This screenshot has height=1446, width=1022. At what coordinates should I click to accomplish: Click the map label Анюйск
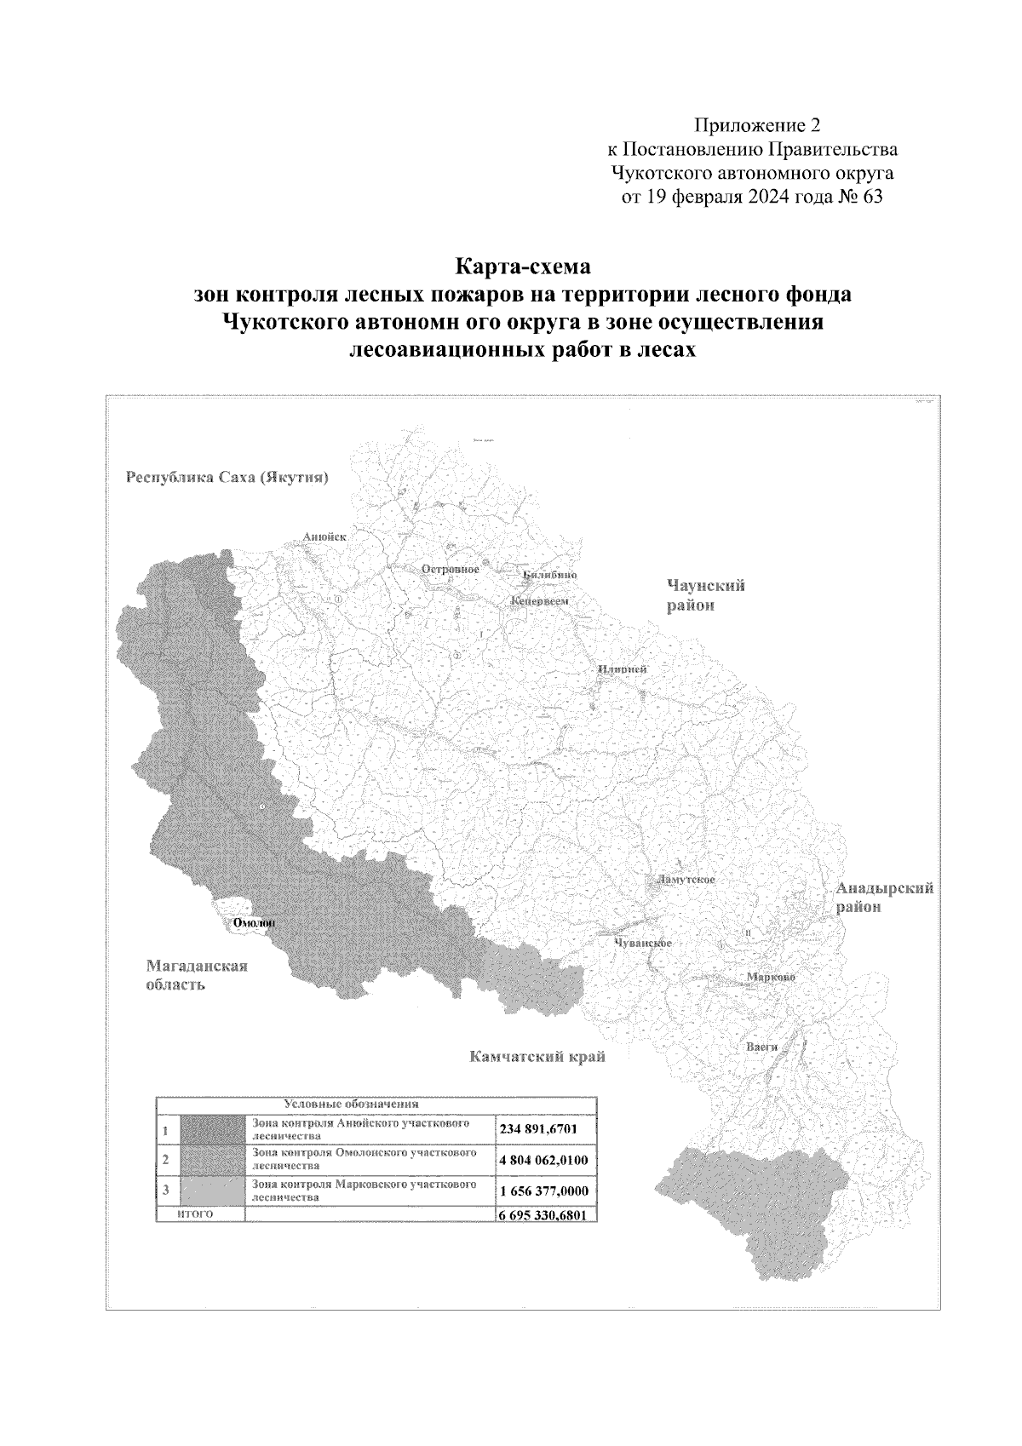324,537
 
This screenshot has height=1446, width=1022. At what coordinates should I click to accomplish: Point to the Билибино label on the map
550,575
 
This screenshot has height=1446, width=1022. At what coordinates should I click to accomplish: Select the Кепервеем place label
538,601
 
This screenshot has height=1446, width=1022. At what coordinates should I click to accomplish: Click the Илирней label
622,668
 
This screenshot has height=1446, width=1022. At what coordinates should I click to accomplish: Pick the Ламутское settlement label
684,879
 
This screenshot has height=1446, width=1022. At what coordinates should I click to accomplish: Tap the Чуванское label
643,944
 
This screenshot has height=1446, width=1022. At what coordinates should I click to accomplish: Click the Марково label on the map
770,977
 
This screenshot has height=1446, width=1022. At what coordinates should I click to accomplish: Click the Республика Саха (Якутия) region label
227,477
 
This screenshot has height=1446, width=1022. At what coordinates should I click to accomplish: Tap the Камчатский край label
537,1058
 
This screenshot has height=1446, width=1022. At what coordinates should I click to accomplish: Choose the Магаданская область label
197,975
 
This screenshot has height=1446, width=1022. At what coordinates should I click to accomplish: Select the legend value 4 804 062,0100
544,1160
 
